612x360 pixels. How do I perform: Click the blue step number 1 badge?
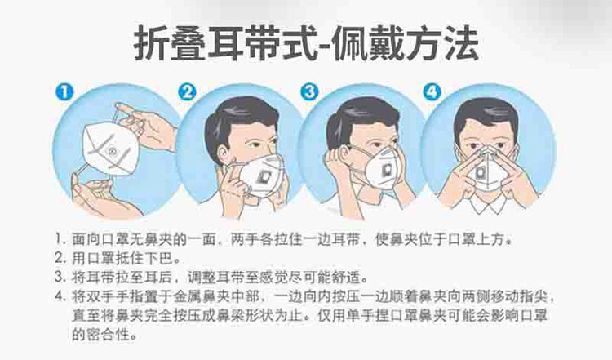[64, 92]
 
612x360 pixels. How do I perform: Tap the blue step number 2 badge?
[188, 92]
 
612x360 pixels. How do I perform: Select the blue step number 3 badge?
[310, 92]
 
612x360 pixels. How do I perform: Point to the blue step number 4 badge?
[432, 92]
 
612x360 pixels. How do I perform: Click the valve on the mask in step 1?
[112, 151]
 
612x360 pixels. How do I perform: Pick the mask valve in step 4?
[481, 171]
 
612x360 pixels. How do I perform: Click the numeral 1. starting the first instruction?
[60, 239]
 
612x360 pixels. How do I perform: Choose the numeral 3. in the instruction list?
[60, 278]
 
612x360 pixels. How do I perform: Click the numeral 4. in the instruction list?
[60, 297]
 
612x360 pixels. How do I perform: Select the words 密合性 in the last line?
[109, 335]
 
